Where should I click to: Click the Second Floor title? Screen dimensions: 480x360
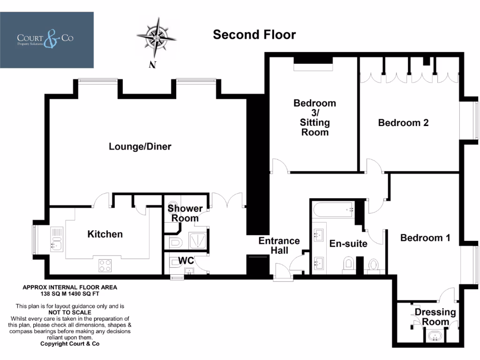(255, 35)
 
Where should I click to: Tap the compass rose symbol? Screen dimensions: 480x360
(157, 38)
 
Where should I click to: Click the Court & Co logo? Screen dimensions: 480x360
(47, 40)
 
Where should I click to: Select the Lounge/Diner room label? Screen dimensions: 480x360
(140, 146)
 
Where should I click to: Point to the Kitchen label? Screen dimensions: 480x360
(105, 234)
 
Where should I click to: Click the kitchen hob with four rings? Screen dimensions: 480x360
(105, 265)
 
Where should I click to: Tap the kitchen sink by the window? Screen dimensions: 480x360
(57, 240)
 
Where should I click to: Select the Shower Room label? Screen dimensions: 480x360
(185, 213)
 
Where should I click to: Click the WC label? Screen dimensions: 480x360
(186, 261)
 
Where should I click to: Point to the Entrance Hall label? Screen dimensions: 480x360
(279, 246)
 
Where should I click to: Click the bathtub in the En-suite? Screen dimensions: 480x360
(334, 210)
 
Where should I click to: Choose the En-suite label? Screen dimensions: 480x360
(348, 244)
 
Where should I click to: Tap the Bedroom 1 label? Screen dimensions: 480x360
(425, 238)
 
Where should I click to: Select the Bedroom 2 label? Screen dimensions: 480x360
(403, 123)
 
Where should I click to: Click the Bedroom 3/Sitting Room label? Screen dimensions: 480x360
(315, 118)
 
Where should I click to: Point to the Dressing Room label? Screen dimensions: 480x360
(435, 317)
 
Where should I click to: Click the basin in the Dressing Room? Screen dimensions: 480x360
(435, 336)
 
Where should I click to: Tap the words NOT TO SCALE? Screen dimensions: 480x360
(70, 313)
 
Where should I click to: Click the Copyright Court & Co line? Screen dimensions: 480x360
(70, 344)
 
